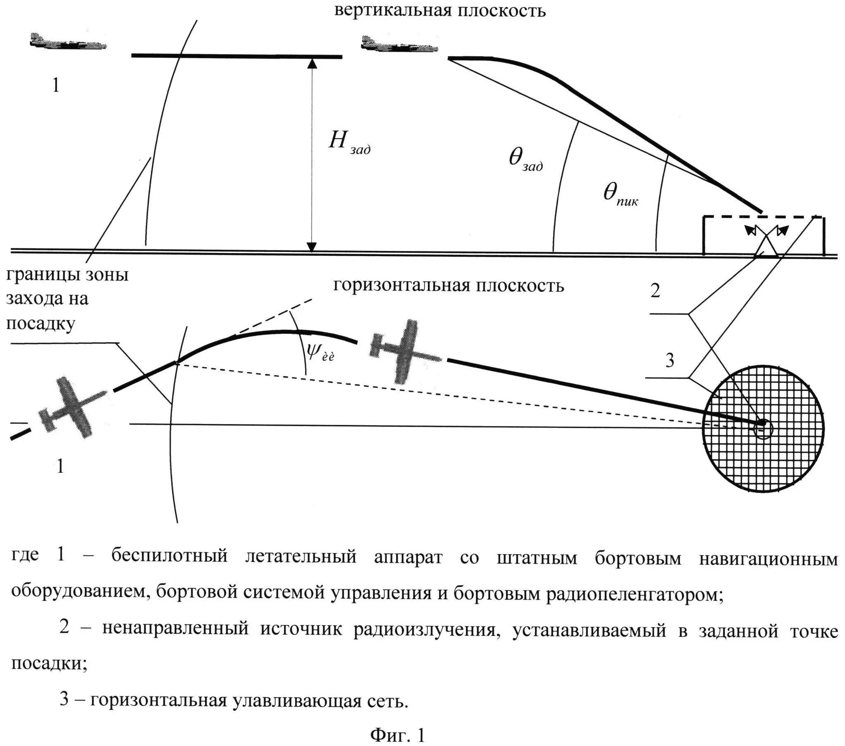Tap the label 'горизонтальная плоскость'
[449, 286]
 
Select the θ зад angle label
[525, 159]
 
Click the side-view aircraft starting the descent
[399, 45]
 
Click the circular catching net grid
[763, 427]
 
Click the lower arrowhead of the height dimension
[313, 247]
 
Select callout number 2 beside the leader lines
[655, 291]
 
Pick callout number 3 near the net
[669, 361]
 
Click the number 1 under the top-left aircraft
[56, 85]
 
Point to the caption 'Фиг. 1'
[397, 734]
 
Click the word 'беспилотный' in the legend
[169, 556]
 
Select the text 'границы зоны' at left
[67, 274]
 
